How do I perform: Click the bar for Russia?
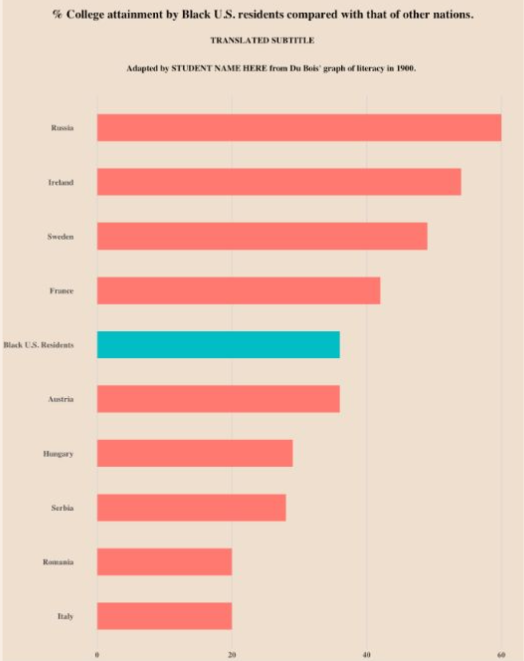click(299, 128)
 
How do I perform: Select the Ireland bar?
click(279, 182)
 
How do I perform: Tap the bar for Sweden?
click(262, 236)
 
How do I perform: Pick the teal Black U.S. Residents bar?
click(218, 345)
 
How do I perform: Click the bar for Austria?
click(218, 399)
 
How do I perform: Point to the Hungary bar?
click(195, 453)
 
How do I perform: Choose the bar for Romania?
click(164, 562)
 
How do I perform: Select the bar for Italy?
click(164, 616)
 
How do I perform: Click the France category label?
click(61, 291)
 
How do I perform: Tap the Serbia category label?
click(62, 508)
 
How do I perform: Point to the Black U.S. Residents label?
click(38, 345)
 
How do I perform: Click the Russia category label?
click(62, 128)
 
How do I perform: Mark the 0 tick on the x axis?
click(97, 655)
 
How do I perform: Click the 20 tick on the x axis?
click(232, 655)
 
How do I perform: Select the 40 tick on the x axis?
click(367, 655)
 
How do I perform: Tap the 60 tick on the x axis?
click(501, 655)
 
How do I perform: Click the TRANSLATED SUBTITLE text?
click(262, 40)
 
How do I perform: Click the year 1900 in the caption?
click(405, 68)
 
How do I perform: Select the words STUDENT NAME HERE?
click(219, 68)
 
